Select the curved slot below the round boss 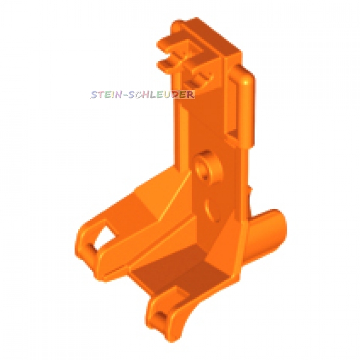pyautogui.click(x=210, y=209)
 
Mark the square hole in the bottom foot pyautogui.click(x=161, y=316)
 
